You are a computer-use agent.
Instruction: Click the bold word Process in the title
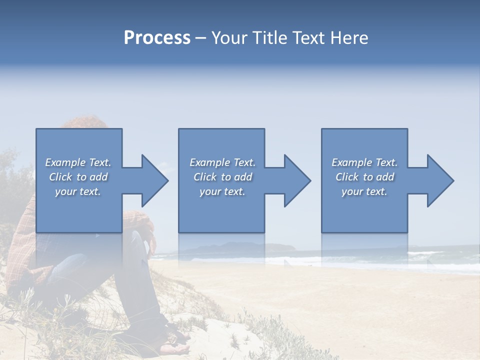click(157, 38)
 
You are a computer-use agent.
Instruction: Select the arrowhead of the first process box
click(155, 180)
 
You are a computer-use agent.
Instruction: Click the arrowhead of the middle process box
click(297, 180)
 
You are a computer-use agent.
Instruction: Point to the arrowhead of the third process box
click(440, 180)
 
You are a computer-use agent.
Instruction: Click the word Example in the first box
click(64, 162)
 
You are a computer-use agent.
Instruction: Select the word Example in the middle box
click(209, 162)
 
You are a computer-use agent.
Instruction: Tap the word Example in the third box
click(351, 162)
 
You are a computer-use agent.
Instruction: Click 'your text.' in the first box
click(78, 192)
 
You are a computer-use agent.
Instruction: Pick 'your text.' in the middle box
click(222, 192)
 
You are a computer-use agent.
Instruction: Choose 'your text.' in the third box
click(364, 192)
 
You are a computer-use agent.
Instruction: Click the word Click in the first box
click(60, 177)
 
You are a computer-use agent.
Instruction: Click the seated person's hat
click(80, 122)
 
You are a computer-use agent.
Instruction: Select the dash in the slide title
click(200, 38)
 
